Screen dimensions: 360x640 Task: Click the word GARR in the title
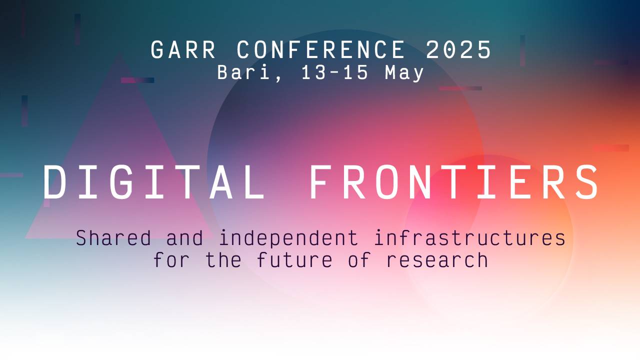pyautogui.click(x=183, y=50)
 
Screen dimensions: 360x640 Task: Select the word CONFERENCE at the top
pyautogui.click(x=320, y=50)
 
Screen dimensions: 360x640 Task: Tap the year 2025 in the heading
pyautogui.click(x=458, y=50)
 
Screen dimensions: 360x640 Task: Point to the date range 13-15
pyautogui.click(x=334, y=73)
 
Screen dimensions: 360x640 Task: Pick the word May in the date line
pyautogui.click(x=404, y=73)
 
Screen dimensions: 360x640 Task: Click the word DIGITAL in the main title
pyautogui.click(x=153, y=182)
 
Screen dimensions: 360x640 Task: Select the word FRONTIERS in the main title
pyautogui.click(x=454, y=182)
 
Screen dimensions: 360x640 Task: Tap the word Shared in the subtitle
pyautogui.click(x=113, y=238)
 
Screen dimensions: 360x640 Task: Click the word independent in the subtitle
pyautogui.click(x=288, y=238)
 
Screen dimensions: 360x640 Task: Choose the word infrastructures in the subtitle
pyautogui.click(x=469, y=238)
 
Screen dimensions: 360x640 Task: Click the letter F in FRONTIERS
pyautogui.click(x=320, y=182)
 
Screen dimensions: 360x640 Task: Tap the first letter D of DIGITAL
pyautogui.click(x=54, y=182)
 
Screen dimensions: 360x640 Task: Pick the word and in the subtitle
pyautogui.click(x=184, y=238)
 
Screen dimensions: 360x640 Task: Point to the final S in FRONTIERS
pyautogui.click(x=588, y=182)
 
